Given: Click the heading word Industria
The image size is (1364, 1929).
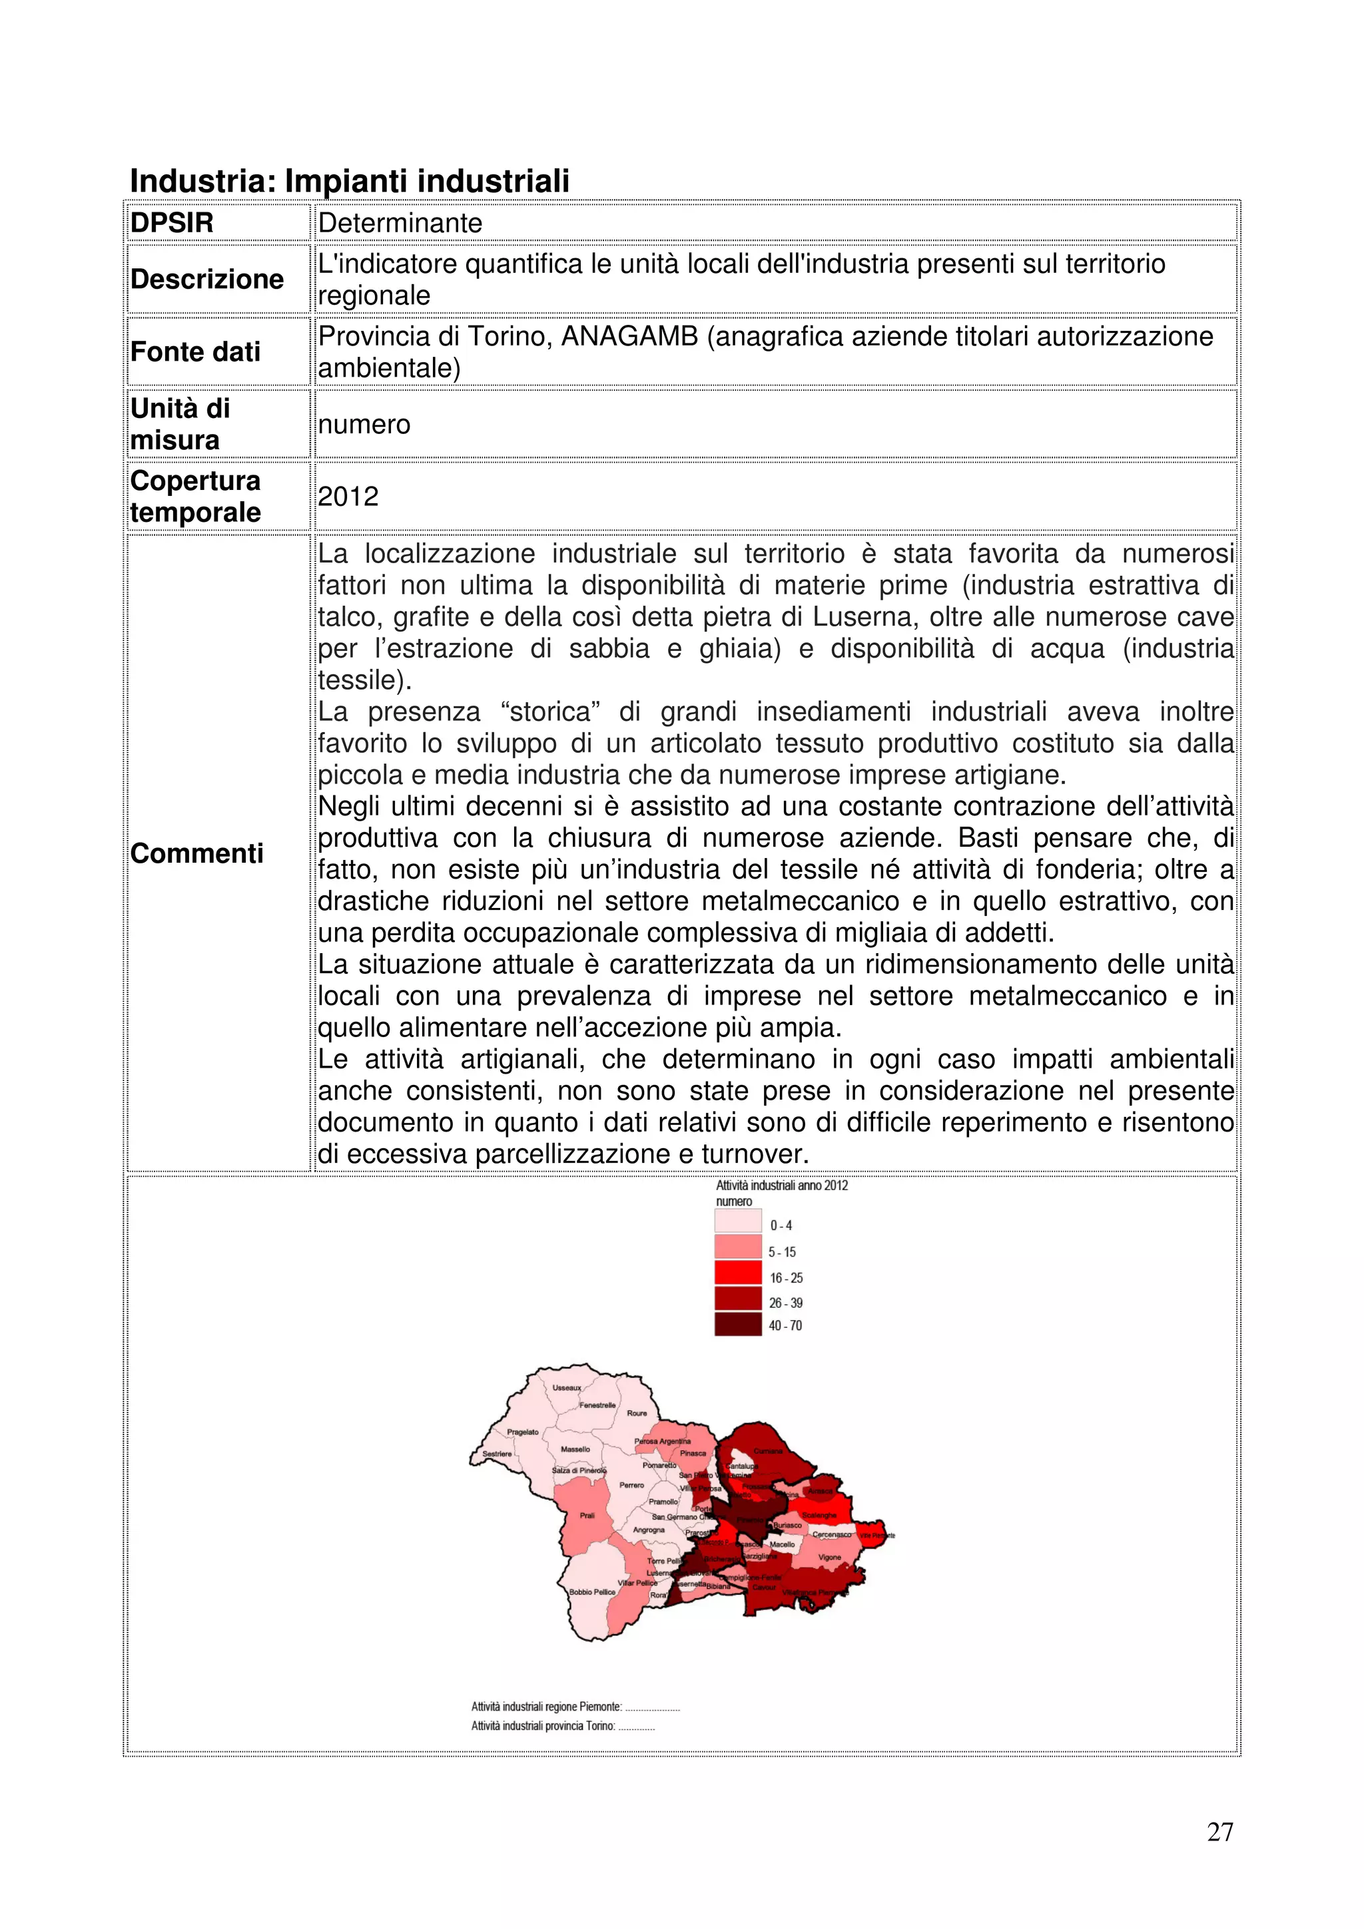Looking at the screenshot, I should point(202,180).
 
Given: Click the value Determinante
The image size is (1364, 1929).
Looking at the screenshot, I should point(400,222).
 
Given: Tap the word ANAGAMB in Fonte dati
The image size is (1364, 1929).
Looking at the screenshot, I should point(629,336).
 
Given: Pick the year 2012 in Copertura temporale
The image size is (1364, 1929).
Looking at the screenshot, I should point(348,497).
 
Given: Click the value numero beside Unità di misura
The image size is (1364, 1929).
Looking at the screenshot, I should point(364,424).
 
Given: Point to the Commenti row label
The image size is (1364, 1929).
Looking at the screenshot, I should point(196,853).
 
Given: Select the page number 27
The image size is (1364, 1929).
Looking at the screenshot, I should point(1219,1832).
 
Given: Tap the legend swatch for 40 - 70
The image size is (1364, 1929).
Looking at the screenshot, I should point(737,1325).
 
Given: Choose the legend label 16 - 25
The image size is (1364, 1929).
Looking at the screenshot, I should point(786,1278).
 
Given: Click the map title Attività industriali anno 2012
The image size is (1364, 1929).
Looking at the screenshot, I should point(782,1185).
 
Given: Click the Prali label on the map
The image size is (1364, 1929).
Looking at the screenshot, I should point(587,1516).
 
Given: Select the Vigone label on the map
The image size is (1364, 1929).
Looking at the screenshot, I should point(829,1557).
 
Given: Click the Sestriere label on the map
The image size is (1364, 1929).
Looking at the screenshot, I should point(497,1454).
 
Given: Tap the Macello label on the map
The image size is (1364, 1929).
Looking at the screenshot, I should point(782,1544).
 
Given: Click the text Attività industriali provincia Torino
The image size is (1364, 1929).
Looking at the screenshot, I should point(543,1726).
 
